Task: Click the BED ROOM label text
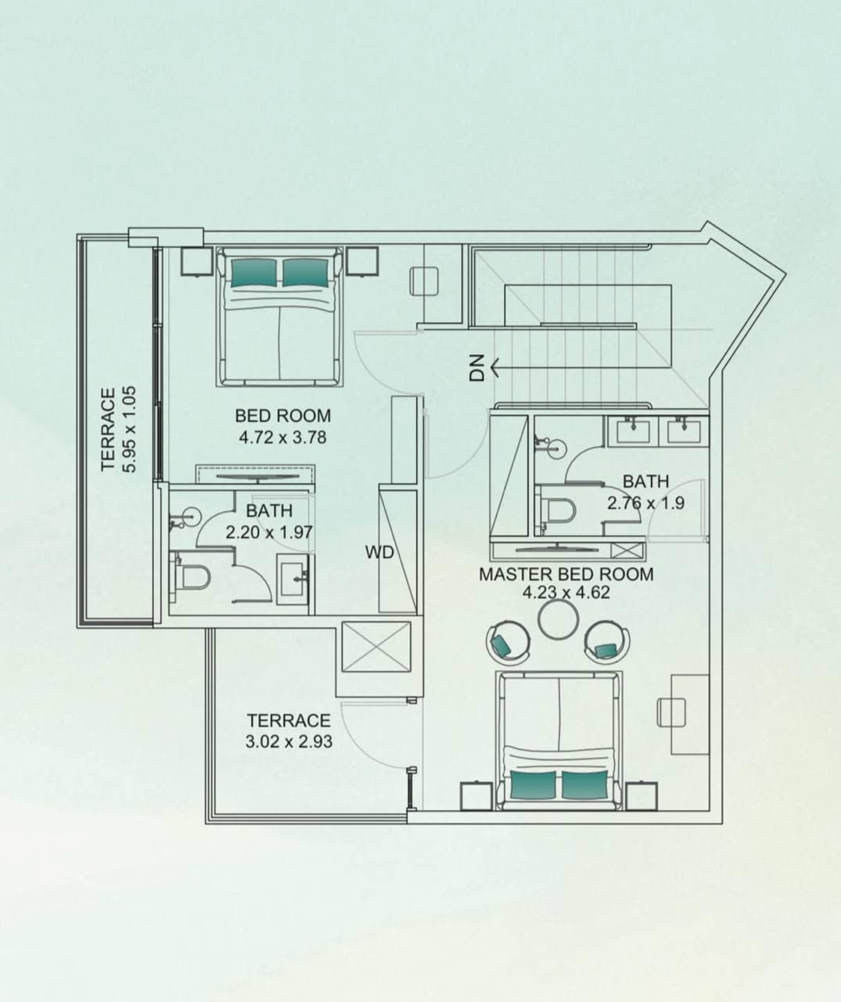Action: pyautogui.click(x=282, y=416)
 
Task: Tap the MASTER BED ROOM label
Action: pyautogui.click(x=566, y=574)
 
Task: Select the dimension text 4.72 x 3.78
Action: pyautogui.click(x=282, y=437)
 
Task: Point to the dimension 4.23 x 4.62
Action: pyautogui.click(x=566, y=593)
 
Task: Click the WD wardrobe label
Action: pyautogui.click(x=379, y=553)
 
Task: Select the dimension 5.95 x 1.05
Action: pyautogui.click(x=130, y=428)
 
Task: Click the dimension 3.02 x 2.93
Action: pyautogui.click(x=289, y=741)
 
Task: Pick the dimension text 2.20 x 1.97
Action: pyautogui.click(x=269, y=532)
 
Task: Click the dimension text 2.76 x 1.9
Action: pyautogui.click(x=645, y=503)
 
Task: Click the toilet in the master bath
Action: pyautogui.click(x=559, y=510)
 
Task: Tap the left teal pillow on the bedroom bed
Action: pyautogui.click(x=253, y=272)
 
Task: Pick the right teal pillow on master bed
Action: pyautogui.click(x=584, y=784)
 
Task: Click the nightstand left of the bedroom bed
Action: pyautogui.click(x=193, y=261)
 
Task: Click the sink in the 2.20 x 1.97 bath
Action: pyautogui.click(x=294, y=578)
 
